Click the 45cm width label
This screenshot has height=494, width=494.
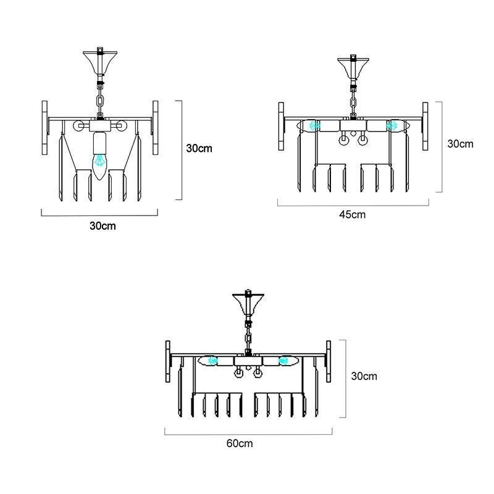point(352,214)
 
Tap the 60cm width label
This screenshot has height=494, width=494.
point(240,443)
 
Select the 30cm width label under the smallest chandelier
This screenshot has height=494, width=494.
point(103,226)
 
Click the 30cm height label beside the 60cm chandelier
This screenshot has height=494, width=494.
point(364,376)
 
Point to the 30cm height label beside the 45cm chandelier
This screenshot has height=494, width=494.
point(460,144)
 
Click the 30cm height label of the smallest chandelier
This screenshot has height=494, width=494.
point(199,148)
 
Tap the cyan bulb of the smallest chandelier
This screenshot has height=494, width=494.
point(100,160)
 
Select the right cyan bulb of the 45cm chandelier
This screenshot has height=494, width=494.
point(391,126)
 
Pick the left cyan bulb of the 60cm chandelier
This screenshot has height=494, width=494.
point(213,361)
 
